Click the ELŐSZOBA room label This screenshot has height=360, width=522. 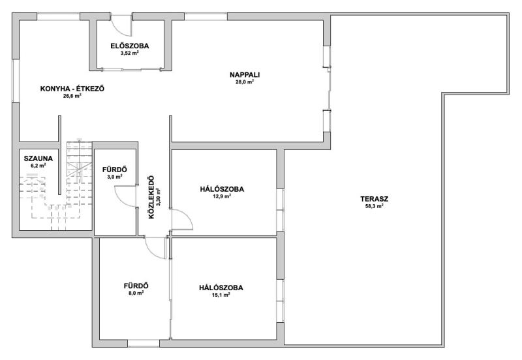129,46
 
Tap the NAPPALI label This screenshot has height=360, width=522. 245,75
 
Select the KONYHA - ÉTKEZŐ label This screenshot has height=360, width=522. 72,89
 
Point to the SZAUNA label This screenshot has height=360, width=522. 38,158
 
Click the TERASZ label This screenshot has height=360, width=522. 374,199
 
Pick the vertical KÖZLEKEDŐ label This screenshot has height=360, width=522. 151,197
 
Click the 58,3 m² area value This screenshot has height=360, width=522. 374,206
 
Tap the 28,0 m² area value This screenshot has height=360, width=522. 245,82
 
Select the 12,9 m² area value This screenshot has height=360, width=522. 222,196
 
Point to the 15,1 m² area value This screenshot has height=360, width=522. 221,295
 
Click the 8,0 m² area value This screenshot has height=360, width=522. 136,293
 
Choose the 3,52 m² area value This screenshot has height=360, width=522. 129,53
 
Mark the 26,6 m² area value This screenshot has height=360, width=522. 72,96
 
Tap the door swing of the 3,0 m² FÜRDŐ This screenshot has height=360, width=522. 124,196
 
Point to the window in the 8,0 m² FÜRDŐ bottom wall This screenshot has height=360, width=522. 144,343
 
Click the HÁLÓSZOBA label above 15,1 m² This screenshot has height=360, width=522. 221,288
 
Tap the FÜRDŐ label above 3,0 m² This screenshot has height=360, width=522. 115,170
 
